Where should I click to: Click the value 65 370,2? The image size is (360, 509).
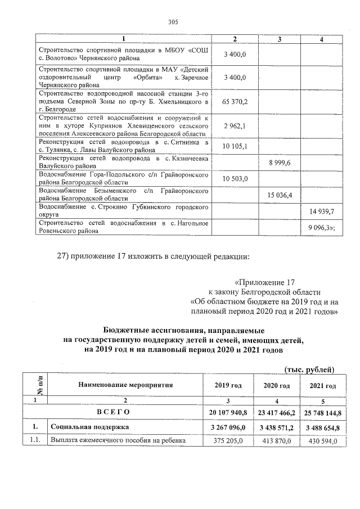click(x=236, y=102)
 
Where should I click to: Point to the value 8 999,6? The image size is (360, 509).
click(x=279, y=163)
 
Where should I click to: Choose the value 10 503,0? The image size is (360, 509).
click(x=236, y=178)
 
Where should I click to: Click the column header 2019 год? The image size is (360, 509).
click(x=228, y=385)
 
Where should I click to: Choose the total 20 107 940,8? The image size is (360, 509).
click(x=228, y=413)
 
